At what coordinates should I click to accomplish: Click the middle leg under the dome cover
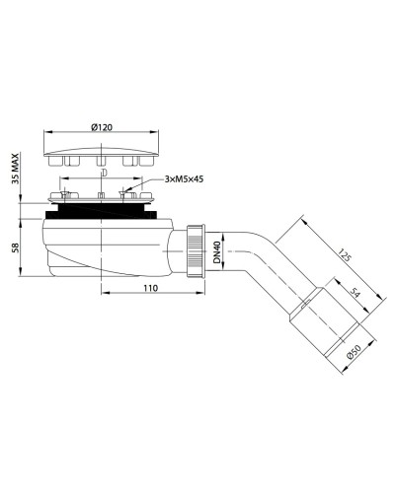point(103,160)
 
